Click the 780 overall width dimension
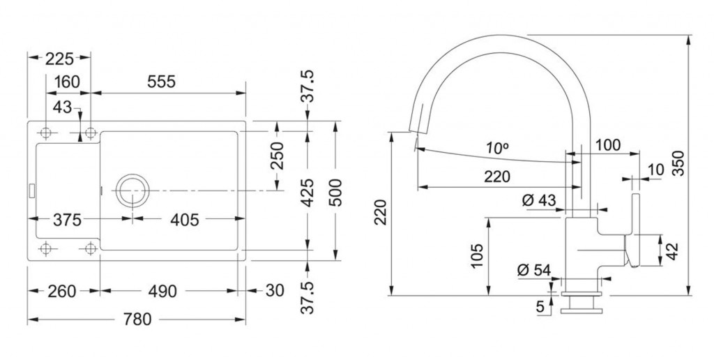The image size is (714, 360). click(137, 320)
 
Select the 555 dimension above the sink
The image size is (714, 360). click(161, 82)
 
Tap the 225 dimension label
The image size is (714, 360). click(59, 59)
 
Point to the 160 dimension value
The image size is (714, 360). click(67, 82)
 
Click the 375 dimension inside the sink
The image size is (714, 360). click(67, 220)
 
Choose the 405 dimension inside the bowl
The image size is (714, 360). click(184, 220)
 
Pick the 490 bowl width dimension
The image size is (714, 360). click(162, 291)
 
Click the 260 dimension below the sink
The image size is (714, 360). click(62, 291)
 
